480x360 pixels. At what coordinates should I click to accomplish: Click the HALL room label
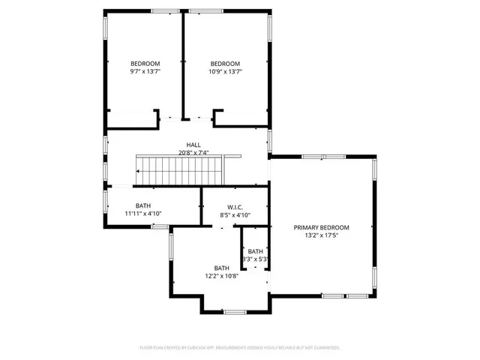(x=193, y=145)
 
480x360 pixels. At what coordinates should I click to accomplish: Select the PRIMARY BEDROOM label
(x=321, y=227)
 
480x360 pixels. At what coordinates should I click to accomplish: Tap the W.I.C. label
(x=235, y=207)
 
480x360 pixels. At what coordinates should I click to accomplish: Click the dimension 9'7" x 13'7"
(x=145, y=71)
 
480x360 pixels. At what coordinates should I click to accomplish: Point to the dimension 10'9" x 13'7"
(x=225, y=71)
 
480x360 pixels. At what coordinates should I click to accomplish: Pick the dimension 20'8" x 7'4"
(x=193, y=153)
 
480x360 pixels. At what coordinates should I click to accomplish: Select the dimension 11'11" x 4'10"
(x=143, y=214)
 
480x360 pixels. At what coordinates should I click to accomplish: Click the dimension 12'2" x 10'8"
(x=221, y=276)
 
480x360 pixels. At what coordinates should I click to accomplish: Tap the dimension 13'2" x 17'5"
(x=321, y=235)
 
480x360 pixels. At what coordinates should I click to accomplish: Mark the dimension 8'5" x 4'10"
(x=235, y=215)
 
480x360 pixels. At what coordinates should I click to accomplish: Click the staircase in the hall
(x=180, y=170)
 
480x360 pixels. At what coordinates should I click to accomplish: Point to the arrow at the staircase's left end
(x=138, y=171)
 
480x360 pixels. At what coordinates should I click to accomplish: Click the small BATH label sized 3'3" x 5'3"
(x=256, y=251)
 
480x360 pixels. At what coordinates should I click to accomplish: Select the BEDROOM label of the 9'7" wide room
(x=145, y=63)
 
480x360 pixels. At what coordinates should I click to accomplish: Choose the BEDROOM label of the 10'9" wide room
(x=225, y=63)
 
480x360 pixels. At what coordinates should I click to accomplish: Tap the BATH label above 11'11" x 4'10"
(x=142, y=205)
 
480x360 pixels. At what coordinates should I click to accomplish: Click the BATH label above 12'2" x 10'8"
(x=221, y=268)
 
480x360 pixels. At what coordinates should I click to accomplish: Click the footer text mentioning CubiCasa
(x=240, y=348)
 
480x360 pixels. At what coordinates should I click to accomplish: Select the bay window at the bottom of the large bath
(x=235, y=311)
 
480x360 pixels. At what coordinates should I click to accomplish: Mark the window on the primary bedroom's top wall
(x=334, y=157)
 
